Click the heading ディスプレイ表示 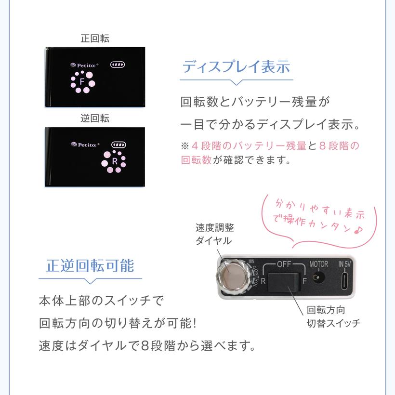click(x=236, y=67)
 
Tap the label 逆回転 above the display click(x=95, y=118)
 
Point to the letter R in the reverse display click(x=115, y=161)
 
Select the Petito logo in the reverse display click(x=85, y=144)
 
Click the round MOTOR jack click(x=318, y=278)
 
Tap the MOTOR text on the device click(x=318, y=264)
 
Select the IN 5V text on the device click(x=345, y=264)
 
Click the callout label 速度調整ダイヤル click(x=214, y=234)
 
